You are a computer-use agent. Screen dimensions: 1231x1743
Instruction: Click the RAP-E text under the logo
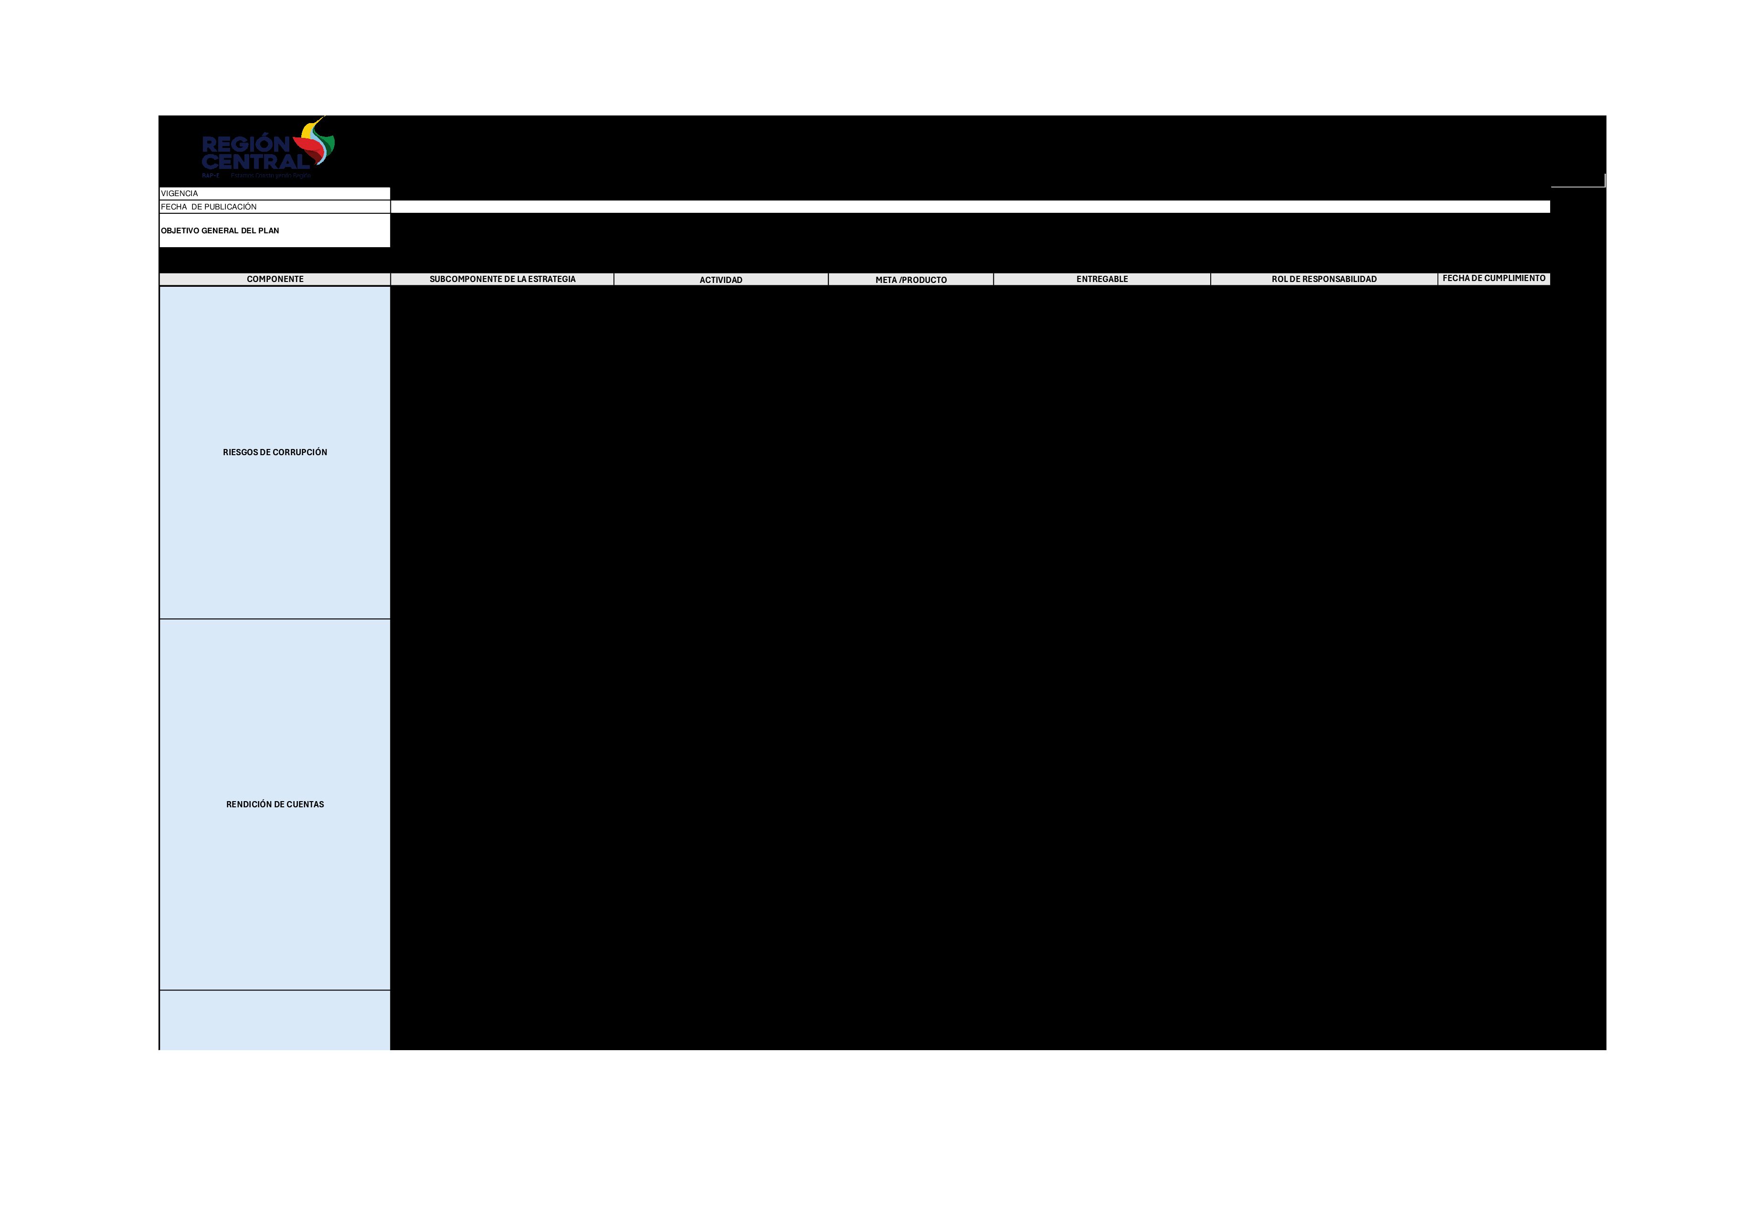(210, 175)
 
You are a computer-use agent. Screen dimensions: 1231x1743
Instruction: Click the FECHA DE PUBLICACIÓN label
(209, 207)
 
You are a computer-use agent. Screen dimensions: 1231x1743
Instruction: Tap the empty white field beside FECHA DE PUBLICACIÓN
(970, 207)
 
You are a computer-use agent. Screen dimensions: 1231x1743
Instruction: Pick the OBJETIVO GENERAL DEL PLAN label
(220, 231)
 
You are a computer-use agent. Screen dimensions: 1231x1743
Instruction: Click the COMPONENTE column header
(275, 279)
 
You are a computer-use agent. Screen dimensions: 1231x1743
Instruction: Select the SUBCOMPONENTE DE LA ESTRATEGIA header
(503, 279)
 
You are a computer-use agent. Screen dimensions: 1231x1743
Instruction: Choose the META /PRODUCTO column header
(911, 280)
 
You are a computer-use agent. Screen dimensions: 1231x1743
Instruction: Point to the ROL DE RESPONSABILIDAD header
(1324, 279)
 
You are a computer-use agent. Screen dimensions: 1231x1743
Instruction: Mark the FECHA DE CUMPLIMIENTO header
(1494, 279)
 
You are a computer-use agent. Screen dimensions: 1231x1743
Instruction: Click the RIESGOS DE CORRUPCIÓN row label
(275, 452)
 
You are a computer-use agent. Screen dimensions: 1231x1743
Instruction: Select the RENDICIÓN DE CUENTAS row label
(275, 804)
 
